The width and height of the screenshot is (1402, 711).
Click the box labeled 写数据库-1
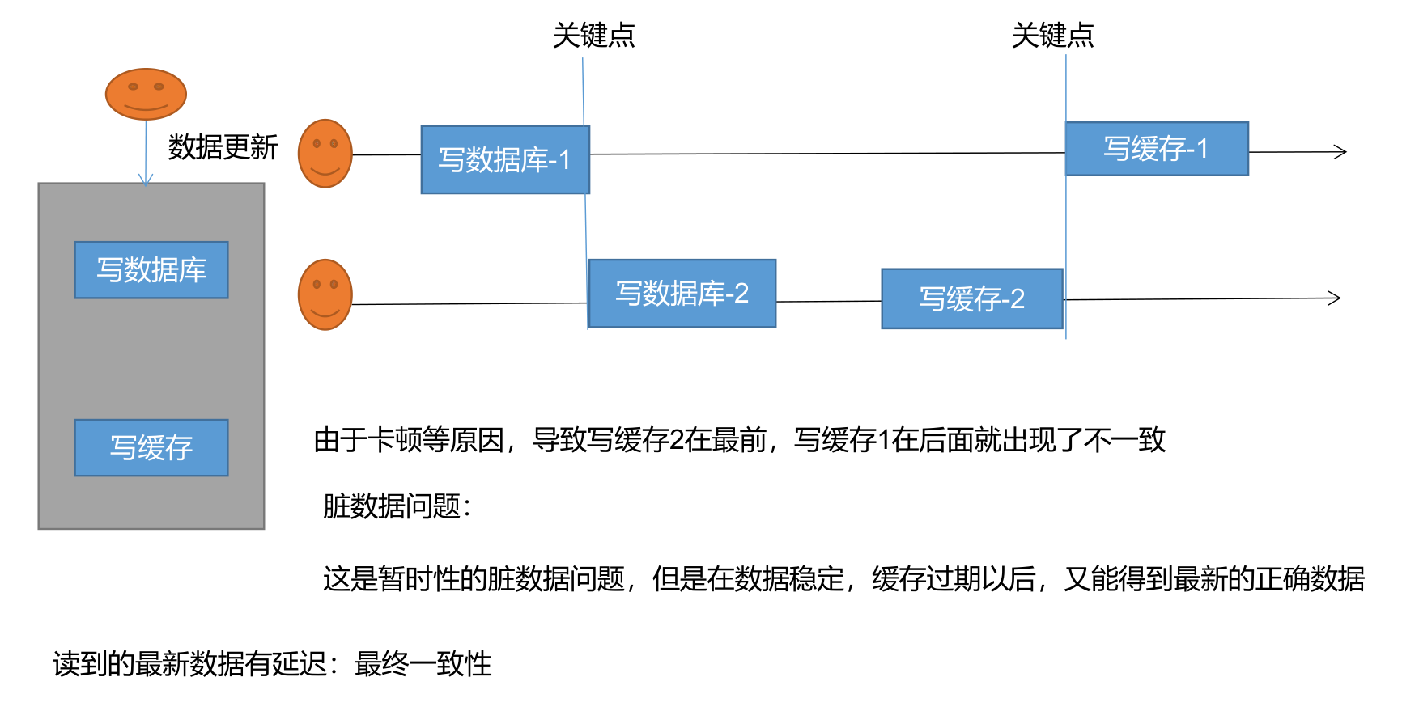click(x=505, y=159)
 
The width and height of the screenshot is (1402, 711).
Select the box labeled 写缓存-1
click(x=1156, y=149)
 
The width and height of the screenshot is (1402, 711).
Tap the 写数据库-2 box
click(x=682, y=293)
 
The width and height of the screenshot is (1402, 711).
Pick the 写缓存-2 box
click(x=971, y=298)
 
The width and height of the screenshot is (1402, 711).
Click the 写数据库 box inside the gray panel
click(x=151, y=269)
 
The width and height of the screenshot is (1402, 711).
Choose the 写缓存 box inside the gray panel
click(x=151, y=447)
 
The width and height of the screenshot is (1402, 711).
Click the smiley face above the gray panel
click(x=146, y=94)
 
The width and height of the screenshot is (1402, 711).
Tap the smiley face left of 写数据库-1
click(x=325, y=154)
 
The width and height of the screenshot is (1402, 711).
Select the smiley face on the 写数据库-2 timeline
click(x=325, y=294)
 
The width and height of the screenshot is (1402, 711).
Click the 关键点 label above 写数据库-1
click(x=593, y=36)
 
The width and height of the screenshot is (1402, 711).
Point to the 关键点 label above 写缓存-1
click(x=1052, y=36)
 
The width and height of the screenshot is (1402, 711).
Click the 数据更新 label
click(x=223, y=147)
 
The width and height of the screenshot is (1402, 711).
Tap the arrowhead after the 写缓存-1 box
click(x=1340, y=151)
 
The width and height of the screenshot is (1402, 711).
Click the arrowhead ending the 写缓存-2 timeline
click(x=1335, y=298)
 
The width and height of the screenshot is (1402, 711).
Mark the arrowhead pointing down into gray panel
click(x=146, y=180)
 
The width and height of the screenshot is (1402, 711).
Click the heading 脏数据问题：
click(x=397, y=506)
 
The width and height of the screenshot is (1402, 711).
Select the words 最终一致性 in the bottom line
click(x=423, y=664)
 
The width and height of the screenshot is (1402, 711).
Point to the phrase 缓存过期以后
click(x=954, y=579)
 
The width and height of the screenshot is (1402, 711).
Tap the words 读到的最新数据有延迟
click(x=189, y=664)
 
